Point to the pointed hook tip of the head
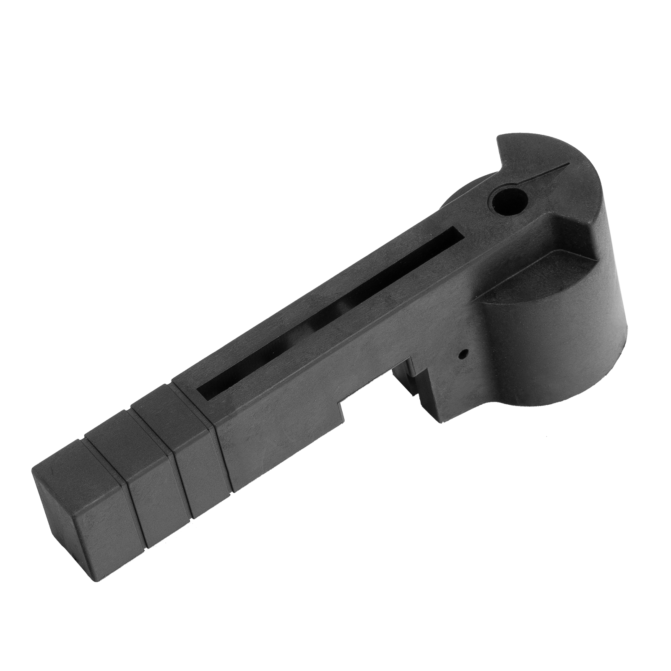tap(499, 138)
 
